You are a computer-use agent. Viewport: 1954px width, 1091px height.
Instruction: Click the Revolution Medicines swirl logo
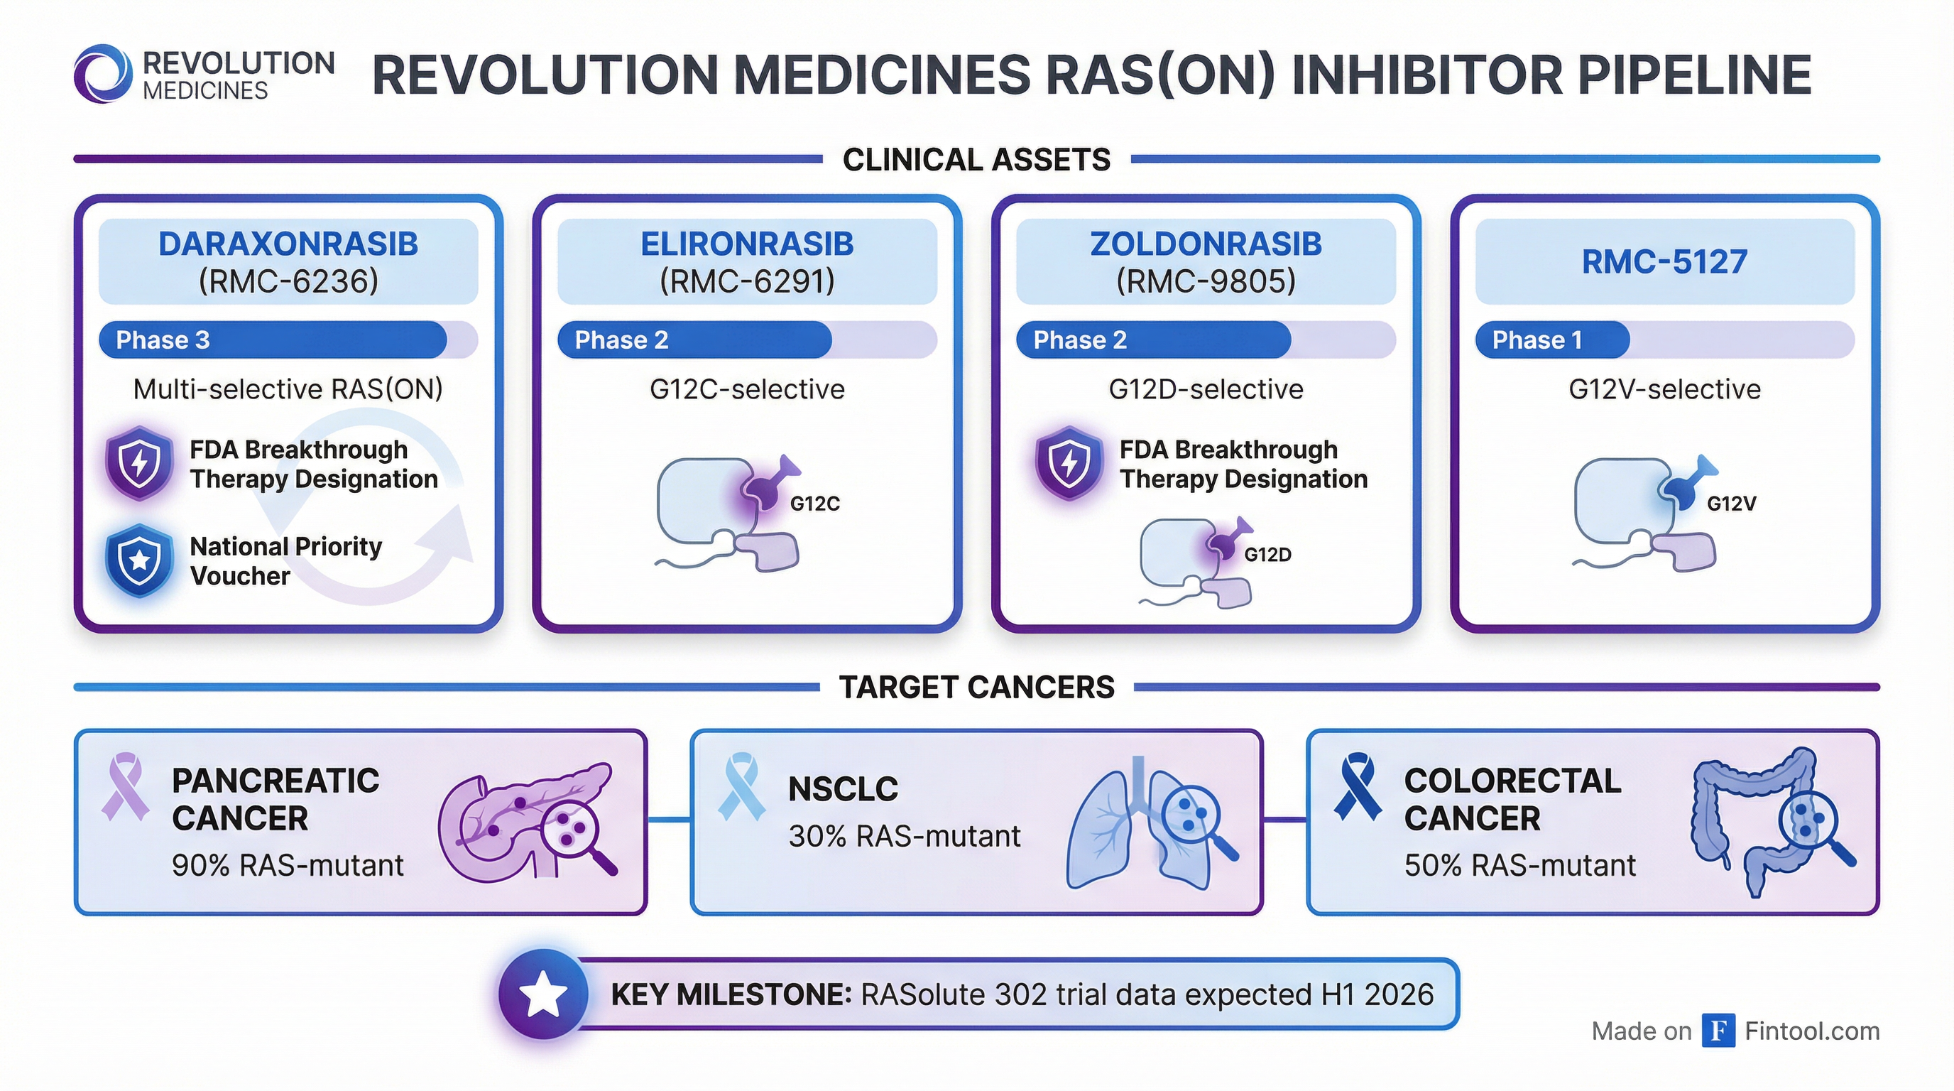click(102, 74)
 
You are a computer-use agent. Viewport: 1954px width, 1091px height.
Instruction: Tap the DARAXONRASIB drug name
click(288, 244)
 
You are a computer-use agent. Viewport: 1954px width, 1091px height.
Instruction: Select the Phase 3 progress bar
click(273, 339)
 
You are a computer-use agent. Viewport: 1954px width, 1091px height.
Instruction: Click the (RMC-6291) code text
click(747, 281)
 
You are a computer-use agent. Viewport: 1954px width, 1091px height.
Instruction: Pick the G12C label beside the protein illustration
click(814, 504)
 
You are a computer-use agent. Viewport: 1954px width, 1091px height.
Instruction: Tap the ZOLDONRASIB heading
click(1206, 244)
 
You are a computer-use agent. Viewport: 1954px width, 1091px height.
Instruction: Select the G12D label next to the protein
click(1267, 555)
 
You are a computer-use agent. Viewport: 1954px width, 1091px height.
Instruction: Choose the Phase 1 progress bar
click(1552, 339)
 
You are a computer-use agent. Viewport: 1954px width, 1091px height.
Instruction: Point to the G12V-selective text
click(1664, 389)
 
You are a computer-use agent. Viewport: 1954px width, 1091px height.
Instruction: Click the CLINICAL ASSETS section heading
click(976, 159)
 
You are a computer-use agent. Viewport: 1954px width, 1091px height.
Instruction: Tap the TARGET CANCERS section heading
click(976, 688)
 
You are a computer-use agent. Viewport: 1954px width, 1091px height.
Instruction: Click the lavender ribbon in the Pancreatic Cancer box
click(124, 786)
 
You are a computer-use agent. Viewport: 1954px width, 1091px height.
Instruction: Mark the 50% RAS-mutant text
click(1519, 866)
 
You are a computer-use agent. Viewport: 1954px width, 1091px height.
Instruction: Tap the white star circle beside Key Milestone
click(544, 994)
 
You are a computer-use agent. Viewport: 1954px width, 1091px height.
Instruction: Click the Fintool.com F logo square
click(1718, 1031)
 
